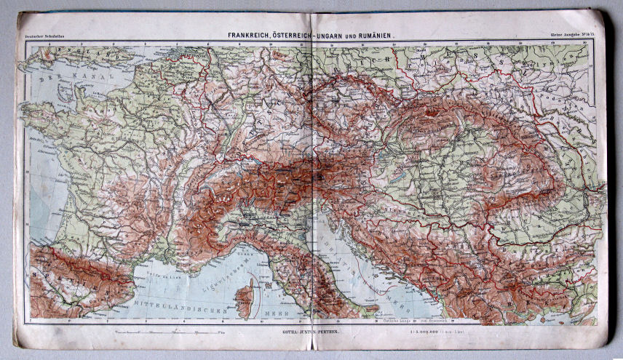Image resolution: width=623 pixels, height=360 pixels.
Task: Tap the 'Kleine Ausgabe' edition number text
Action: [571, 35]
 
